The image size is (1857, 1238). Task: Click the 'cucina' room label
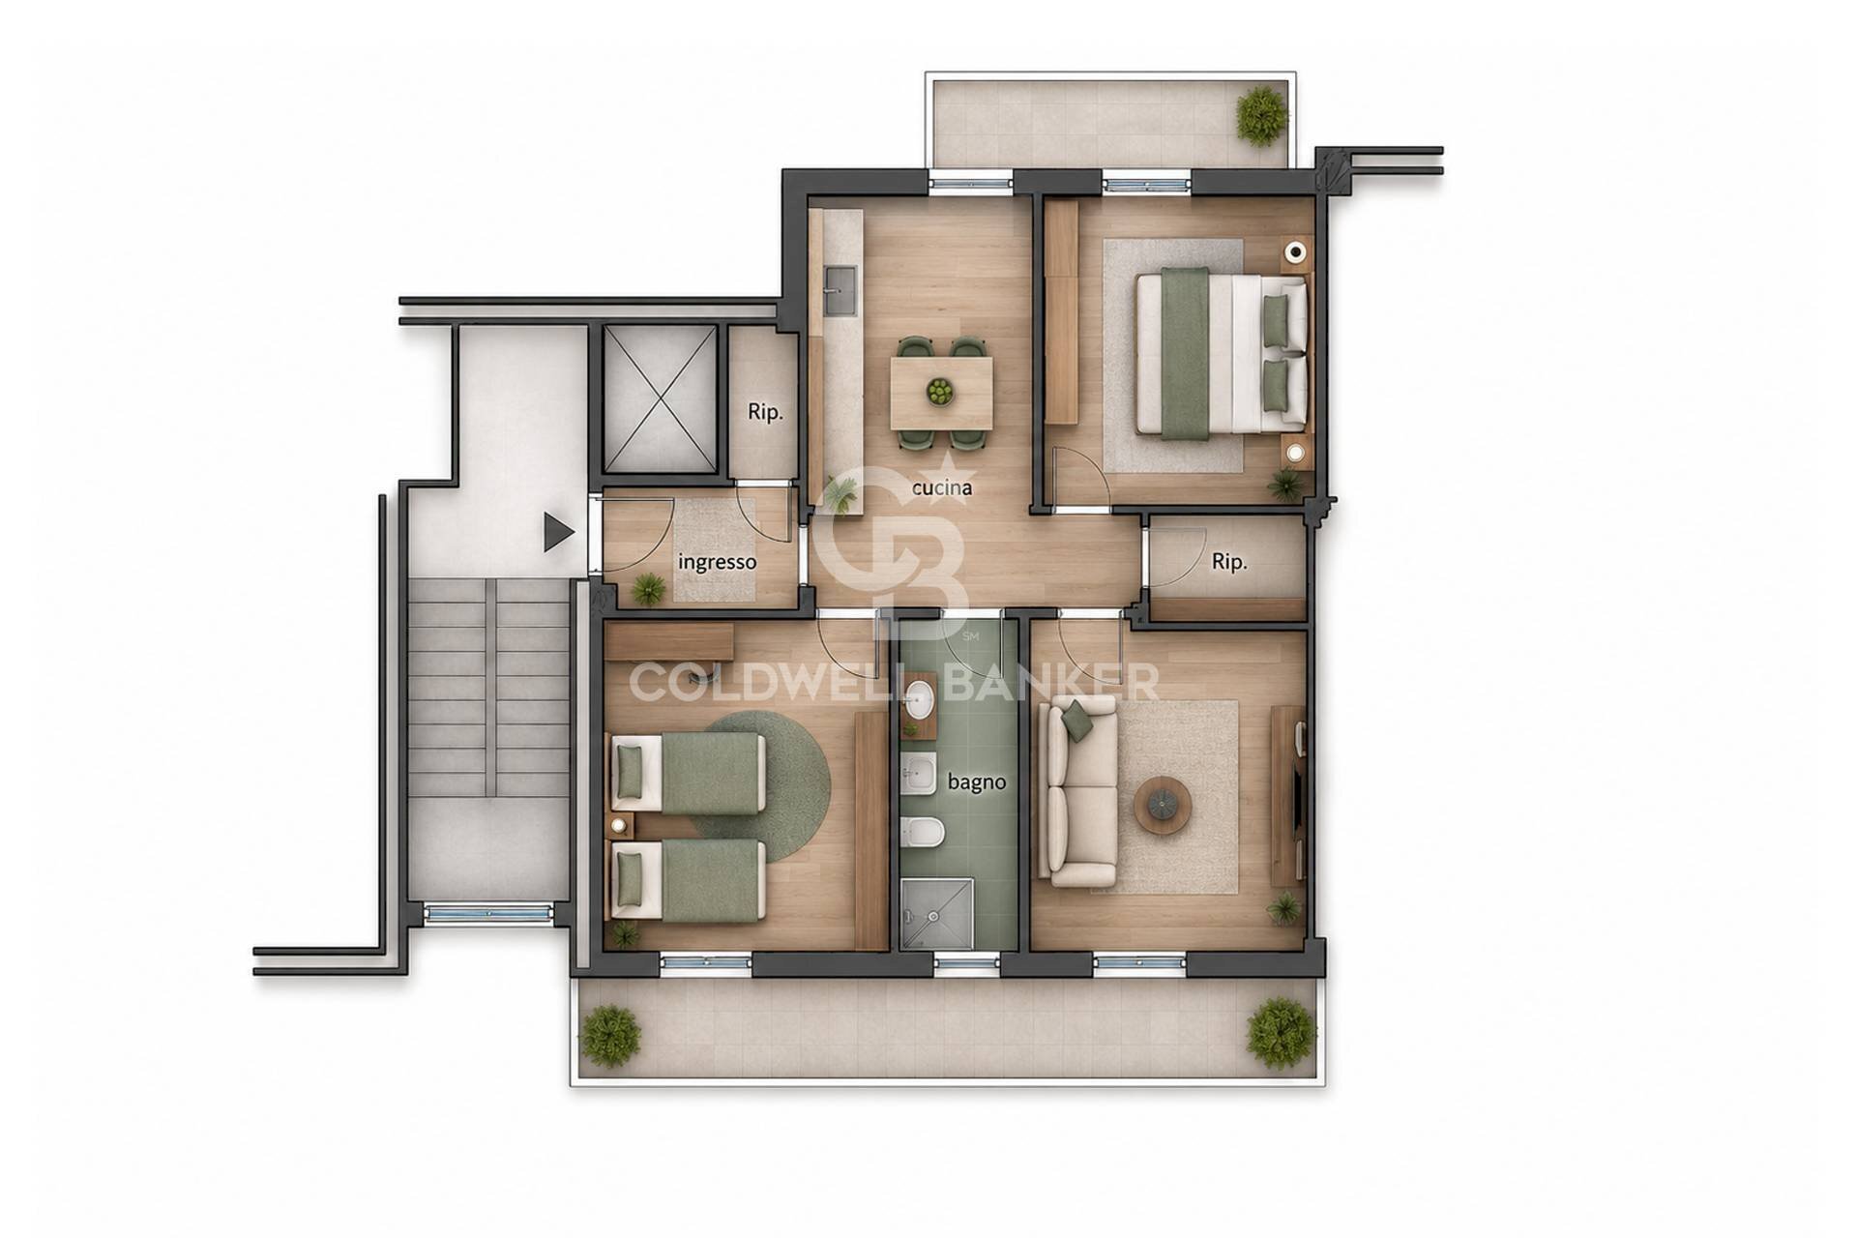pyautogui.click(x=942, y=487)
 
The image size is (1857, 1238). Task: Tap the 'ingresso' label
pyautogui.click(x=717, y=562)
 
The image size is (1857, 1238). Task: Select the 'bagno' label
pyautogui.click(x=977, y=781)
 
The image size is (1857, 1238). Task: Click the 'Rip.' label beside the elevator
pyautogui.click(x=765, y=412)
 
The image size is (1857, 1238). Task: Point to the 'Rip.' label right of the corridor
pyautogui.click(x=1229, y=562)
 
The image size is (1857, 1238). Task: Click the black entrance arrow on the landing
pyautogui.click(x=558, y=532)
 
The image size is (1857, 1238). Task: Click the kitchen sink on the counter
pyautogui.click(x=840, y=291)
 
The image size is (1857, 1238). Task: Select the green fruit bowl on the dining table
pyautogui.click(x=938, y=392)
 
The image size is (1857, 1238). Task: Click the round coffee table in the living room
pyautogui.click(x=1163, y=802)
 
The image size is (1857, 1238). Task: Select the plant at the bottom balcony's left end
pyautogui.click(x=611, y=1035)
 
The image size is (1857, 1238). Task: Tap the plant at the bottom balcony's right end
pyautogui.click(x=1281, y=1032)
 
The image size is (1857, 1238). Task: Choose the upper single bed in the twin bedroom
pyautogui.click(x=687, y=772)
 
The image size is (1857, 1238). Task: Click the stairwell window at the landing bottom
pyautogui.click(x=488, y=912)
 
